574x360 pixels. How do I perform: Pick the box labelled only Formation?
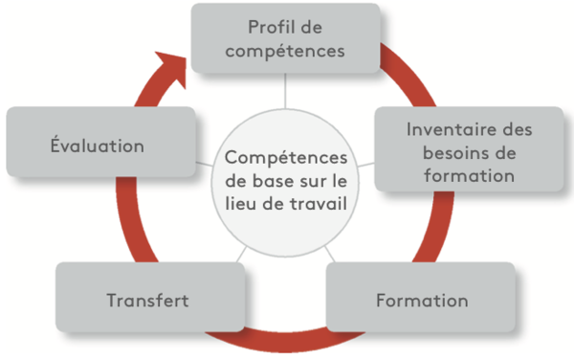coord(422,300)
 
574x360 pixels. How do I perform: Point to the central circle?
coord(284,180)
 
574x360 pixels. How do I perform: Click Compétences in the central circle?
coord(285,156)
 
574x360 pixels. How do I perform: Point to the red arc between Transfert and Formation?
coord(286,337)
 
